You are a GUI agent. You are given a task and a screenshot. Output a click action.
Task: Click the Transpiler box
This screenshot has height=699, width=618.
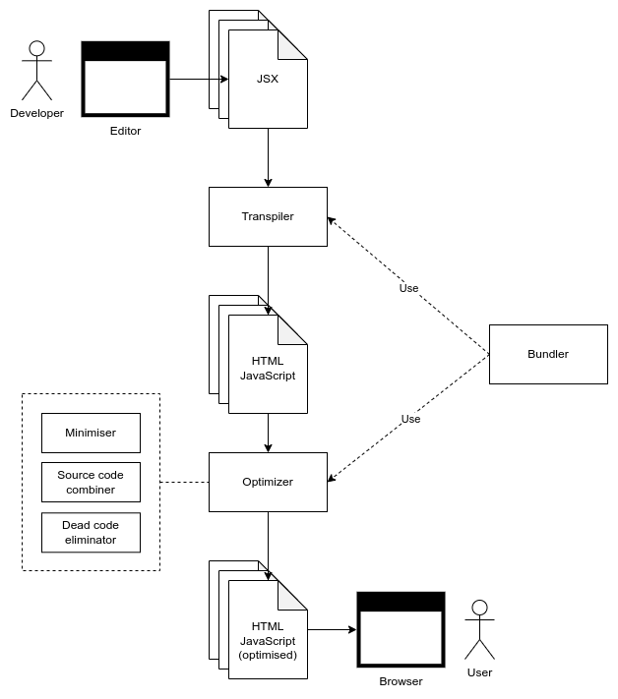tap(268, 216)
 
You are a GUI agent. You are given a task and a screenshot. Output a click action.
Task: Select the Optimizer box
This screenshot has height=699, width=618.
tap(268, 482)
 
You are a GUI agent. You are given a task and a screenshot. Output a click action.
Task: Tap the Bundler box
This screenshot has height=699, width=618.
tap(548, 354)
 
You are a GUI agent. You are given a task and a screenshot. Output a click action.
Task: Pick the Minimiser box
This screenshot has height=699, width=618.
tap(91, 433)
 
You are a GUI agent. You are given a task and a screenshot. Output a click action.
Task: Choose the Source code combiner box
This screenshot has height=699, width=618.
tap(91, 482)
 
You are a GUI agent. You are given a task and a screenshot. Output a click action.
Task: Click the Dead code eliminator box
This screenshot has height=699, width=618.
tap(91, 532)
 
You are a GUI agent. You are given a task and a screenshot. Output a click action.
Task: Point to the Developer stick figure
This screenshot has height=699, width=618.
tap(36, 71)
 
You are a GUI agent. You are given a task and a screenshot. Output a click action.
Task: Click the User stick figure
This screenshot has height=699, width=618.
tap(479, 629)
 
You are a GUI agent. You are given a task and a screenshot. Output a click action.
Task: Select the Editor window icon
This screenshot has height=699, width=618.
tap(125, 79)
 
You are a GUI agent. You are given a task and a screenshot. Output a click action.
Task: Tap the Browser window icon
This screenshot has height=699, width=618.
tap(401, 629)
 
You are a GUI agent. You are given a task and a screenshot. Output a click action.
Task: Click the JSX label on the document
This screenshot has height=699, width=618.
tap(268, 79)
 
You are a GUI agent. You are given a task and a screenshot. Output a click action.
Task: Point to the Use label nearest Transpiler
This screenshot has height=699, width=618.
tap(408, 288)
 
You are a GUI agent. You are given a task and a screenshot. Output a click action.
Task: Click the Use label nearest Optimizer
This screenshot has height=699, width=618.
tap(410, 419)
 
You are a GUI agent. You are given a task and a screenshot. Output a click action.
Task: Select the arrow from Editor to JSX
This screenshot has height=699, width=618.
tap(197, 79)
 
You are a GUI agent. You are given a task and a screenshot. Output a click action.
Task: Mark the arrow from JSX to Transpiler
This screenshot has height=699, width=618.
tap(268, 157)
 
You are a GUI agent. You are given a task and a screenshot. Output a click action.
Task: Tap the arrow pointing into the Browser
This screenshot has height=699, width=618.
tap(333, 629)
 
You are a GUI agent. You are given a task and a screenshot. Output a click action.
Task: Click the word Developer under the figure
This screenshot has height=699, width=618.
tap(36, 113)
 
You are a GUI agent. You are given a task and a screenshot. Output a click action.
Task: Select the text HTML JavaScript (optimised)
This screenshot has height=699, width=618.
tap(268, 640)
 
